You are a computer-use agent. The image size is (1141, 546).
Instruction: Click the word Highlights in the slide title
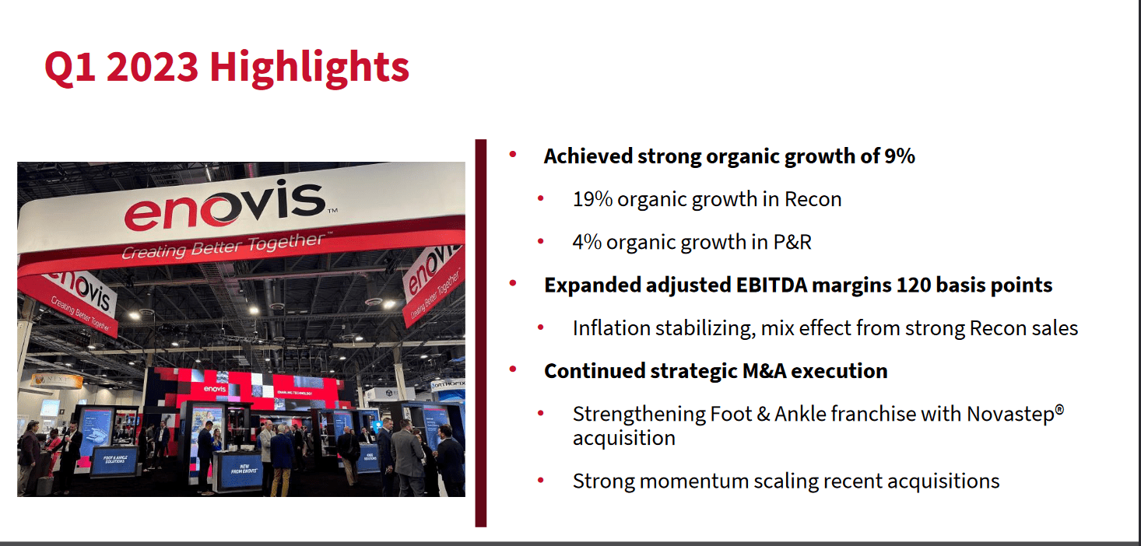[x=309, y=68]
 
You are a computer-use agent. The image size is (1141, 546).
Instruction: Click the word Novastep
[x=1009, y=414]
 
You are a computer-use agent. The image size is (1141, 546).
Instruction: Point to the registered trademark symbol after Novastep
[x=1059, y=408]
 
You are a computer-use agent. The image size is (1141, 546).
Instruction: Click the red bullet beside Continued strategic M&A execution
[x=512, y=369]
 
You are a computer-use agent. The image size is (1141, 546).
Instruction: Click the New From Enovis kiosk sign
[x=238, y=471]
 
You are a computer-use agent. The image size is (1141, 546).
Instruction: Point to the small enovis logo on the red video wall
[x=215, y=388]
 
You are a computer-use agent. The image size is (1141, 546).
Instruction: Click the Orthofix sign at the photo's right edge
[x=448, y=384]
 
